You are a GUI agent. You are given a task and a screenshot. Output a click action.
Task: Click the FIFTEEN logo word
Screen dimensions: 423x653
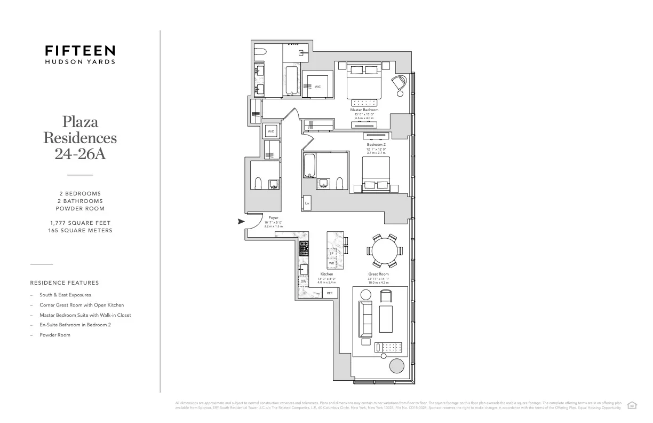(x=79, y=51)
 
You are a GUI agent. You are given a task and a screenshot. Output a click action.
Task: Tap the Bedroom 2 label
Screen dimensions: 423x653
(x=376, y=145)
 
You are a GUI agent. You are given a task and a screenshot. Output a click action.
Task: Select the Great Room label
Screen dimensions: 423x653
(x=378, y=274)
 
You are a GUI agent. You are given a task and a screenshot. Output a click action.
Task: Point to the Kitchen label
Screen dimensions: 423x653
(x=326, y=274)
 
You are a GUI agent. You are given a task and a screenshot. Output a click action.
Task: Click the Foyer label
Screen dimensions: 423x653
(x=273, y=218)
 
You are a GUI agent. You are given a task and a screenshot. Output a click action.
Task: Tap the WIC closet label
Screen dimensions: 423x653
(x=317, y=87)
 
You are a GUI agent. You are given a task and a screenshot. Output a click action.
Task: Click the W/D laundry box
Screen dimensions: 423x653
(x=270, y=131)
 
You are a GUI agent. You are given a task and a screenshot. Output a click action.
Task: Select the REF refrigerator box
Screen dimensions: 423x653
(x=329, y=293)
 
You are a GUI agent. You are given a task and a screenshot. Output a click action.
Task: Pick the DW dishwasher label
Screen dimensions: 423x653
(x=303, y=281)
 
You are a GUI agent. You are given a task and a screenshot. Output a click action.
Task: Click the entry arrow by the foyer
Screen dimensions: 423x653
(x=241, y=221)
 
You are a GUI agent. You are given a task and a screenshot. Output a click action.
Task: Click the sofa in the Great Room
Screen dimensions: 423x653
(x=366, y=317)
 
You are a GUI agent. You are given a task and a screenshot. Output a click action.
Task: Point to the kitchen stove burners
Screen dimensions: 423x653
(x=304, y=248)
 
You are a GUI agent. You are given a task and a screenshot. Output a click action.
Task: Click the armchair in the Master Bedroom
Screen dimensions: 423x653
(x=401, y=85)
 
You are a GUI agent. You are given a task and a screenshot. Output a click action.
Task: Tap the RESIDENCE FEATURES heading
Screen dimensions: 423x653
(x=65, y=283)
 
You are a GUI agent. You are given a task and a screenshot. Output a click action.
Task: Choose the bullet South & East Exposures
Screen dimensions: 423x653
(x=65, y=295)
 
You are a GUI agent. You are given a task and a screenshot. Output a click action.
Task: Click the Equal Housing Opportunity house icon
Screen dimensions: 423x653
(x=633, y=404)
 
